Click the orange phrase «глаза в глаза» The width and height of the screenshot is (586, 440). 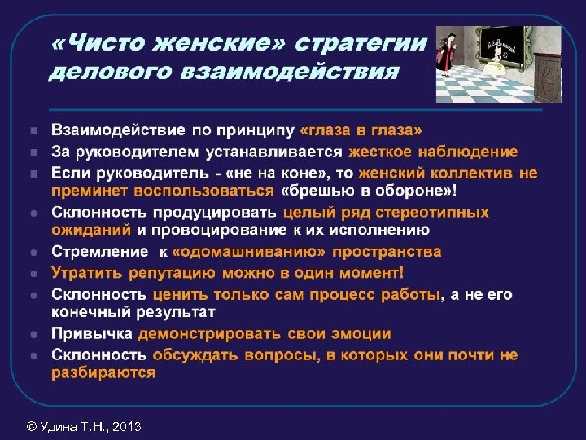coord(361,130)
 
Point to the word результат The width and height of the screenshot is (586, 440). coord(174,311)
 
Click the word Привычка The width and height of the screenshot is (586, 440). coord(92,334)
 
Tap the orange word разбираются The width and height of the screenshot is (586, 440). coord(103,372)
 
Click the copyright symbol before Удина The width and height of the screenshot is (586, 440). coord(31,425)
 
